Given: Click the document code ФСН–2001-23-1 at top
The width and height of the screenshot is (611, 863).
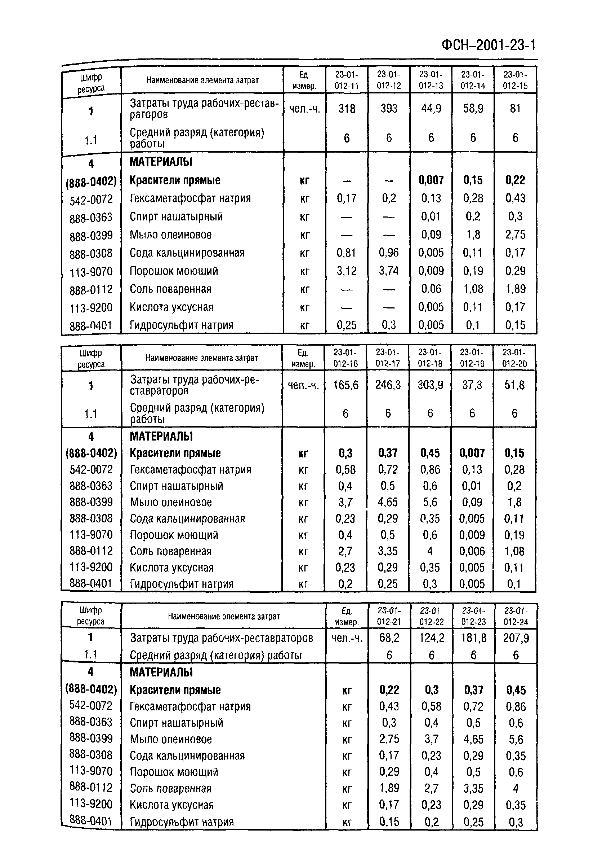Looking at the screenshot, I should tap(489, 45).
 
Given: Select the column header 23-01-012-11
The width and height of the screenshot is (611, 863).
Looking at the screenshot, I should tap(346, 80).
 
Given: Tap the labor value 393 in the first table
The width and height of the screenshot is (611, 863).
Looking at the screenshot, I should tap(389, 109).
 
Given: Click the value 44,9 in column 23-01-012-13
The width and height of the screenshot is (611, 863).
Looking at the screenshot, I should tap(431, 109).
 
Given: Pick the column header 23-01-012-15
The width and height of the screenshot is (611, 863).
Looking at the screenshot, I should tap(515, 80).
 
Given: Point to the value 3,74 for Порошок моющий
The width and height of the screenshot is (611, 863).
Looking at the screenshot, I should tap(389, 271).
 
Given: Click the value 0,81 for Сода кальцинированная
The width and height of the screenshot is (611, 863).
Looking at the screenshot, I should tap(346, 253).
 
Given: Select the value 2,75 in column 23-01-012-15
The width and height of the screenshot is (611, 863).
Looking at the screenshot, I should tap(515, 235).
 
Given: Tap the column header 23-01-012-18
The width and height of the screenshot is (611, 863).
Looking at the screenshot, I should tap(430, 358).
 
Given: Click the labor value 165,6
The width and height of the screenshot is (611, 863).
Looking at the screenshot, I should tap(346, 385).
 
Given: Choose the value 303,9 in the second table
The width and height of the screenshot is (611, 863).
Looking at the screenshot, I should tap(430, 385).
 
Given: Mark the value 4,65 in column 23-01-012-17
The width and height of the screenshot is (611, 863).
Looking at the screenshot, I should tap(388, 502).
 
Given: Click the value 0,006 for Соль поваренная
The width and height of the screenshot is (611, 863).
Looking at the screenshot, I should tap(472, 551).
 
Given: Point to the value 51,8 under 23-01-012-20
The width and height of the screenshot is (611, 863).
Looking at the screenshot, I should tap(514, 385).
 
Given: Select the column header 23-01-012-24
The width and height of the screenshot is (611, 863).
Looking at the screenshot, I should tap(516, 616).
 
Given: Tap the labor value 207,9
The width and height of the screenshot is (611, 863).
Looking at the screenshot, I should tap(516, 638).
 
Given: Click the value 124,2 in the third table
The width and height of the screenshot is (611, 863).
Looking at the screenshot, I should tap(431, 638).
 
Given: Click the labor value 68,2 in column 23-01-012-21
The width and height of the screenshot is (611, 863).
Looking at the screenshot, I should tap(389, 638).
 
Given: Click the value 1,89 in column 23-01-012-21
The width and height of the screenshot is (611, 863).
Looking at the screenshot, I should tap(389, 788).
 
